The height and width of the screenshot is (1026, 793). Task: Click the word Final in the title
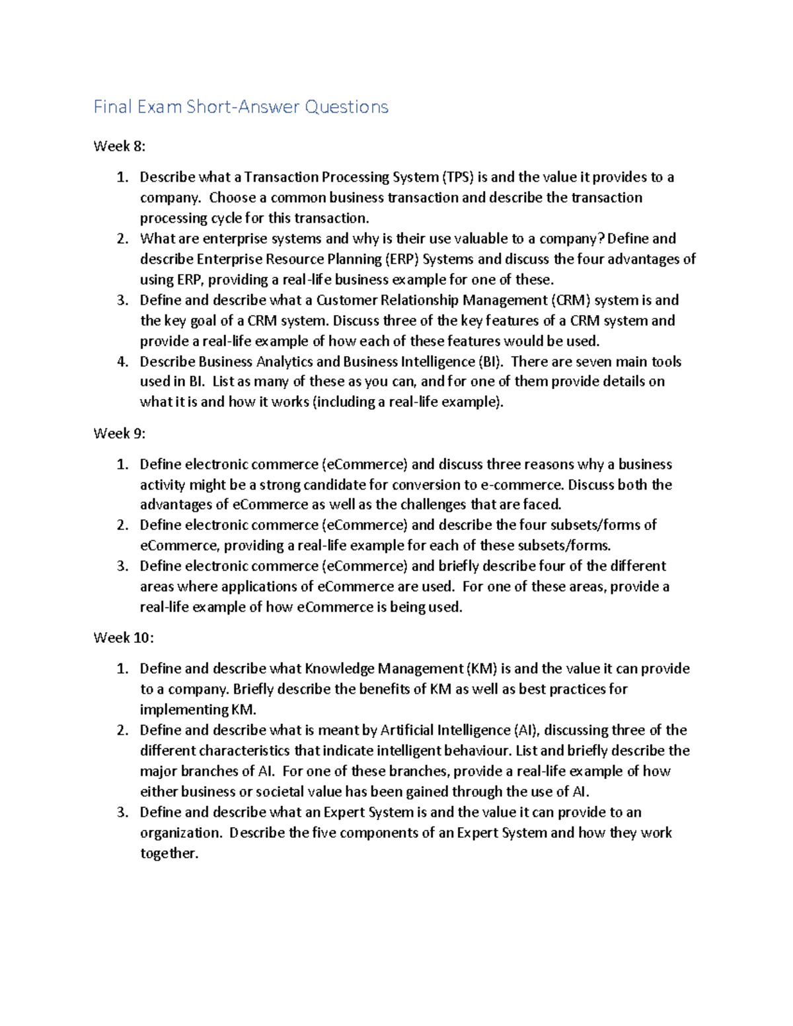tap(112, 107)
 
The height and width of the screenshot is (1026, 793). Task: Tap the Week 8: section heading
tap(119, 146)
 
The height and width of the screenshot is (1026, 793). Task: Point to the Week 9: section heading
tap(119, 433)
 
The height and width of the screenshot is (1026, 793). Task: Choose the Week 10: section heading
tap(123, 638)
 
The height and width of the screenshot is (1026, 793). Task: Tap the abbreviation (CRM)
tap(570, 300)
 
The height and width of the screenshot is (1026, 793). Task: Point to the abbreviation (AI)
tap(526, 730)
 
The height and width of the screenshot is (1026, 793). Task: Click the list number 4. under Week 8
tap(122, 361)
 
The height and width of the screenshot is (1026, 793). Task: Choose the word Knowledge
tap(339, 669)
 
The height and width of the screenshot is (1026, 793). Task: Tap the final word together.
tap(169, 853)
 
